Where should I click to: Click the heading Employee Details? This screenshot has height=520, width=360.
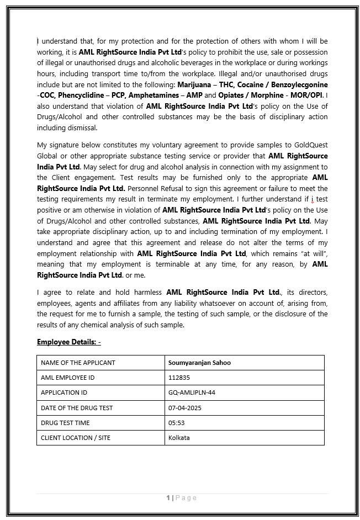pyautogui.click(x=68, y=342)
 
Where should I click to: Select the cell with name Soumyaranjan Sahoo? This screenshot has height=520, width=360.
pyautogui.click(x=199, y=363)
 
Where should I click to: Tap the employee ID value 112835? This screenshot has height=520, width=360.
pyautogui.click(x=178, y=378)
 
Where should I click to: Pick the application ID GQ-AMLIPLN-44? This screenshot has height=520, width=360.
pyautogui.click(x=192, y=392)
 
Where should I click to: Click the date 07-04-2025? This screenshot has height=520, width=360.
pyautogui.click(x=184, y=408)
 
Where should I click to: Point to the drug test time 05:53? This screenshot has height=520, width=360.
pyautogui.click(x=176, y=423)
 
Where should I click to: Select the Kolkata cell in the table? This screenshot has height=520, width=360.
pyautogui.click(x=179, y=438)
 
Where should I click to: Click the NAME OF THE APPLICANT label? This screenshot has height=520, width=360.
pyautogui.click(x=78, y=363)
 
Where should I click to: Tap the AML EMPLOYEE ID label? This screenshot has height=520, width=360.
pyautogui.click(x=67, y=378)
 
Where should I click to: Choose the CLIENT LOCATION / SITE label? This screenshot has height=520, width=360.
pyautogui.click(x=76, y=438)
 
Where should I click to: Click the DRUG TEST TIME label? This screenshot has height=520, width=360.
pyautogui.click(x=69, y=423)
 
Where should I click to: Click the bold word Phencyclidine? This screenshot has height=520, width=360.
pyautogui.click(x=83, y=95)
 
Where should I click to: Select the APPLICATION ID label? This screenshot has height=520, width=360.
pyautogui.click(x=64, y=392)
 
